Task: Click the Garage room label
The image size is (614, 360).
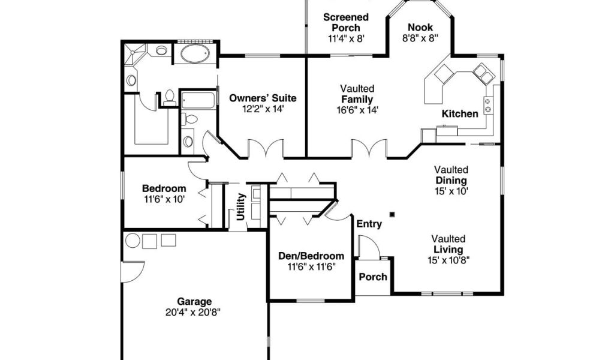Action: click(x=194, y=302)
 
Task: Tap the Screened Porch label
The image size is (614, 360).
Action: click(x=346, y=22)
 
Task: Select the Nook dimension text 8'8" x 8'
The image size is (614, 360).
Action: click(x=420, y=38)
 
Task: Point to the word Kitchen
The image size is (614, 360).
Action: click(x=460, y=113)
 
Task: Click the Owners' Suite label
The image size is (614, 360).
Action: click(x=263, y=98)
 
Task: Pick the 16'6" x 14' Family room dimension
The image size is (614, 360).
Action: click(x=357, y=110)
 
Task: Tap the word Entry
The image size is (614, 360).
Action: click(x=369, y=224)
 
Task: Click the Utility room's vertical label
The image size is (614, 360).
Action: click(x=241, y=206)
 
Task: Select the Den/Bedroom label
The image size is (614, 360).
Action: click(x=311, y=256)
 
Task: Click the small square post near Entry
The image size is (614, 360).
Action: click(x=392, y=214)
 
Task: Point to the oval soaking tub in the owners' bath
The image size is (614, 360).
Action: click(x=195, y=53)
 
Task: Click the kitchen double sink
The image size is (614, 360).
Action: click(x=483, y=74)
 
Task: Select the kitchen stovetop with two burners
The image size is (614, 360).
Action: click(x=488, y=105)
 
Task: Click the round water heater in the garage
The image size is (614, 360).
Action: click(x=133, y=241)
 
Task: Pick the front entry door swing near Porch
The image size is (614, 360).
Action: click(x=369, y=247)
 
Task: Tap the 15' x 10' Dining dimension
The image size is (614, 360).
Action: click(x=451, y=191)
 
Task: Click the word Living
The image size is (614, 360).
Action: click(x=449, y=250)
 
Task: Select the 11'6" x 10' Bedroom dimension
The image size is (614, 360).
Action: click(x=164, y=199)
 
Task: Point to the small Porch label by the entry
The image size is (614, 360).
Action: click(x=373, y=277)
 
